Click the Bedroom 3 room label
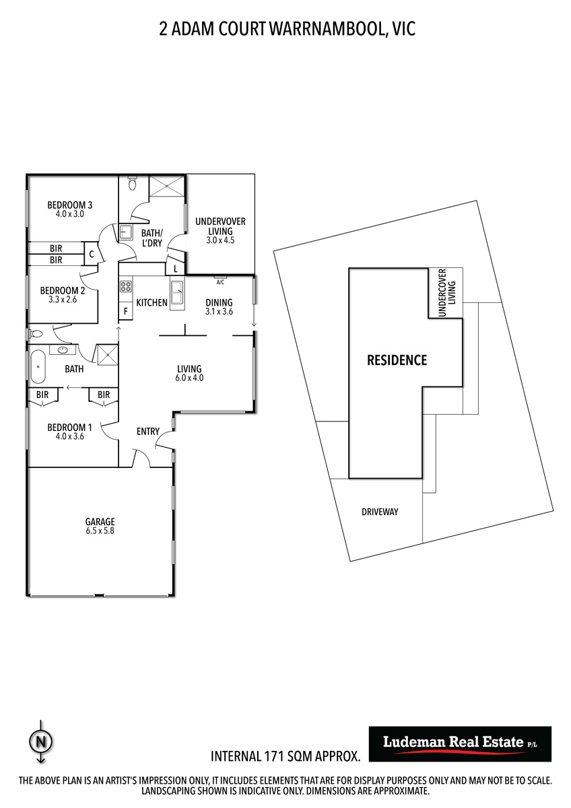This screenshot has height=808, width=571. pos(69,205)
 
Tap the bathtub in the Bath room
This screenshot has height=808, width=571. pos(38,366)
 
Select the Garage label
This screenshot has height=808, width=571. pos(100,522)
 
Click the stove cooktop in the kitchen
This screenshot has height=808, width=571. pos(126,287)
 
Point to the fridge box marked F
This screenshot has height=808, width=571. pos(125,311)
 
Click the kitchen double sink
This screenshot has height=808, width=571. pos(177,292)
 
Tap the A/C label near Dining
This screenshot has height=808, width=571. pos(220,282)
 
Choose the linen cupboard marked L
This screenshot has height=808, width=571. pos(175,269)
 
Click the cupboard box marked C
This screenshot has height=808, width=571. pos(92,254)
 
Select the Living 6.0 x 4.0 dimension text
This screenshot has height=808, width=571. pos(189,378)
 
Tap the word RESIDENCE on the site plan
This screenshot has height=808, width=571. pos(397,360)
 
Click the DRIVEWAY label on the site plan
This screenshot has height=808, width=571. pos(380,512)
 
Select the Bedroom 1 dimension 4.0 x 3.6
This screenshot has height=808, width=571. pos(69,436)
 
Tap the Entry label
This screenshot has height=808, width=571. pos(148,431)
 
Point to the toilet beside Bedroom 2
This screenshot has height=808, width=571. pos(34,334)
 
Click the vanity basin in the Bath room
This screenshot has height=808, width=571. pos(63,349)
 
